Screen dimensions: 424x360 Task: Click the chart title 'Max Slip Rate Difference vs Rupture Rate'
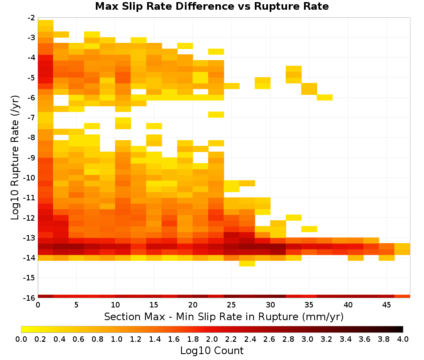click(x=212, y=6)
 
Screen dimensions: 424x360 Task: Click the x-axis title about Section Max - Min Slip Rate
click(x=223, y=316)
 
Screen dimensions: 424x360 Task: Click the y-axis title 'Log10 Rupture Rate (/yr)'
click(x=15, y=158)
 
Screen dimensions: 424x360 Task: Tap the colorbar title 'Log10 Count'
click(x=212, y=351)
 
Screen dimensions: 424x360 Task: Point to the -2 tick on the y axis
click(x=31, y=18)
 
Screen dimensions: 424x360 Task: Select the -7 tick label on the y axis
click(x=31, y=118)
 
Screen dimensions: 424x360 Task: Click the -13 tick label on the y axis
click(x=30, y=238)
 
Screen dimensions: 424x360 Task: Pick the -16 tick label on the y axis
click(x=30, y=298)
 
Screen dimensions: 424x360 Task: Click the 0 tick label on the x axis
click(x=38, y=305)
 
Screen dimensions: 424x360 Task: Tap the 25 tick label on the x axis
click(x=232, y=305)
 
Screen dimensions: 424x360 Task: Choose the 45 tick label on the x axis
click(x=387, y=305)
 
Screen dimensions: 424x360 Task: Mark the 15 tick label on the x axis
click(x=154, y=305)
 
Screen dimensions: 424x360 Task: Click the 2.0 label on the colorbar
click(x=212, y=339)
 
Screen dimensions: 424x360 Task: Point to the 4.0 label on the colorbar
click(x=403, y=339)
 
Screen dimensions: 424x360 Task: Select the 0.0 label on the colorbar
click(x=21, y=339)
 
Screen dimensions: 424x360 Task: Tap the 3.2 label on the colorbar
click(x=326, y=339)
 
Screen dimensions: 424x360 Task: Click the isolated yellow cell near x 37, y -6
click(x=325, y=97)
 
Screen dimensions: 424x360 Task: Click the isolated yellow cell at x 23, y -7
click(x=216, y=114)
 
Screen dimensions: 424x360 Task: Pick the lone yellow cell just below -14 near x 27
click(x=247, y=263)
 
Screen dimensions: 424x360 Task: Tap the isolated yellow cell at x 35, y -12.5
click(x=310, y=229)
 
